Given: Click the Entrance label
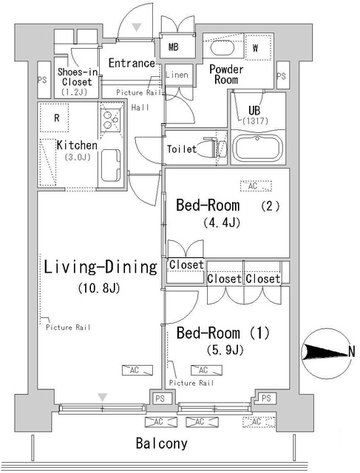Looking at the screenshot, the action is point(132,63).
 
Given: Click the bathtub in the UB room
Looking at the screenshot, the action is point(259,149).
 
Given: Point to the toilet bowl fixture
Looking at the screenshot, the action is point(214,147).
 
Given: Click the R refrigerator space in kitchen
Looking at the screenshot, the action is point(54,118).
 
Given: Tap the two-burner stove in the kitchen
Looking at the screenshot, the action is point(110,120).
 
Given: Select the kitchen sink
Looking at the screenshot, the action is point(110,165).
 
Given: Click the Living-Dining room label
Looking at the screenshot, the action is point(101,267).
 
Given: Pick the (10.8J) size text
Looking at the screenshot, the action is point(99,288).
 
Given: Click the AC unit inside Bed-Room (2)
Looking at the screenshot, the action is point(256,186).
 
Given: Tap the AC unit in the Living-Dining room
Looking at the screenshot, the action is point(137,370).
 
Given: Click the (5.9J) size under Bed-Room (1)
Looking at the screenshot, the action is point(225,350).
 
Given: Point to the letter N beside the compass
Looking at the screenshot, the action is point(352,352).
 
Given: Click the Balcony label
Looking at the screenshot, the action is point(161,443).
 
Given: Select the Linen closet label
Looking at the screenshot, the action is point(177,75).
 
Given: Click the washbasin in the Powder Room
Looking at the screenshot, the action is point(223,47).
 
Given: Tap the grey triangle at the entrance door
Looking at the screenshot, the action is point(137,27).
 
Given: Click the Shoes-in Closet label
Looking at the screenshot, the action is point(78,77).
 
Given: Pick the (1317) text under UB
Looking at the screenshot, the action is point(255,121).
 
